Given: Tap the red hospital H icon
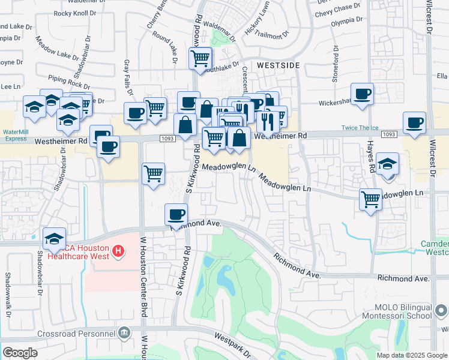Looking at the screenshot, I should click(x=118, y=250).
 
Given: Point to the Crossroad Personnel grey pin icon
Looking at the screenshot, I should click(x=124, y=332).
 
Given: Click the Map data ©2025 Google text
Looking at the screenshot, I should click(x=412, y=355).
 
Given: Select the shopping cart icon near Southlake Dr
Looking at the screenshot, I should click(x=200, y=58).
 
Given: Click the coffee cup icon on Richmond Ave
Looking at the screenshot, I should click(x=176, y=214).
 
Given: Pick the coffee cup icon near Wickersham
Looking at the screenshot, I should click(x=363, y=94).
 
